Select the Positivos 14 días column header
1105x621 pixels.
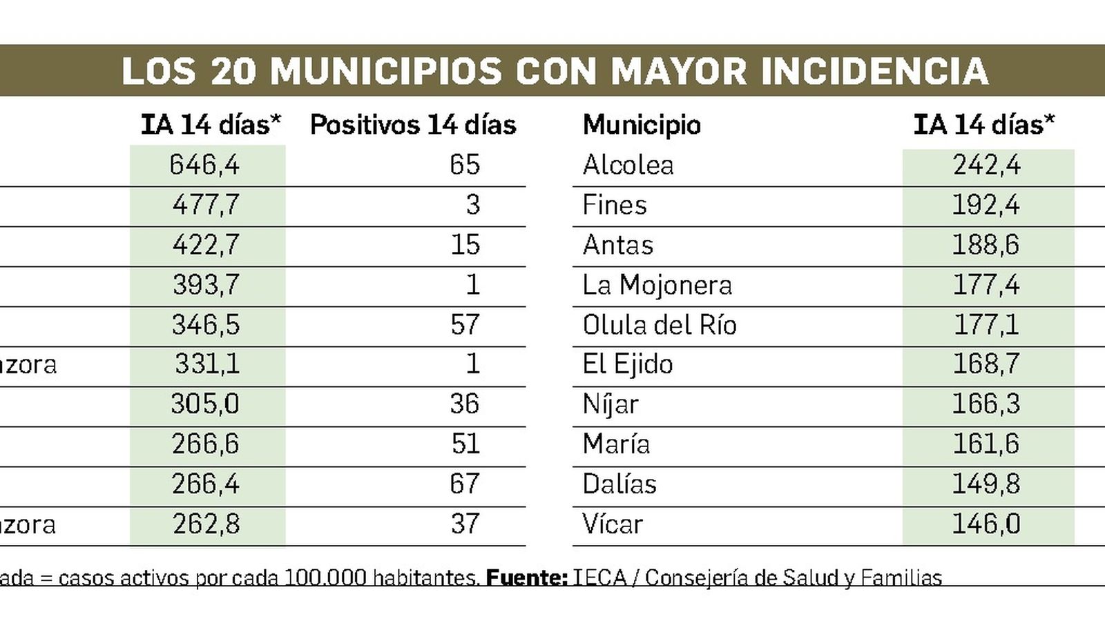[x=413, y=125]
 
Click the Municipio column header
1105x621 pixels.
[x=642, y=125]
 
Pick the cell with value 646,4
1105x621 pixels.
[x=204, y=165]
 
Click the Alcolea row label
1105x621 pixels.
[x=628, y=165]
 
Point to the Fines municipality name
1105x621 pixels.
[x=615, y=205]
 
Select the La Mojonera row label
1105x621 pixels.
[x=657, y=285]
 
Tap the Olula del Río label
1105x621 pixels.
[x=660, y=325]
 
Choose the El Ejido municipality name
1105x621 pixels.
[x=627, y=364]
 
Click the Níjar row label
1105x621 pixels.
[x=611, y=404]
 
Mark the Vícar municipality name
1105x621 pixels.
[x=613, y=524]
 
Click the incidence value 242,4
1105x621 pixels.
[x=986, y=165]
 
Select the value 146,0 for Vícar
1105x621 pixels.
[x=986, y=524]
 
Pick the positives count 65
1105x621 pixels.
[x=464, y=165]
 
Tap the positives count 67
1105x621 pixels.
[x=464, y=484]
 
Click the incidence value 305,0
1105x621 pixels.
[x=204, y=404]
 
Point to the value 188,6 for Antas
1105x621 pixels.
[x=986, y=245]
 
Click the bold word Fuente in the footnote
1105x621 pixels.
[x=527, y=578]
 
